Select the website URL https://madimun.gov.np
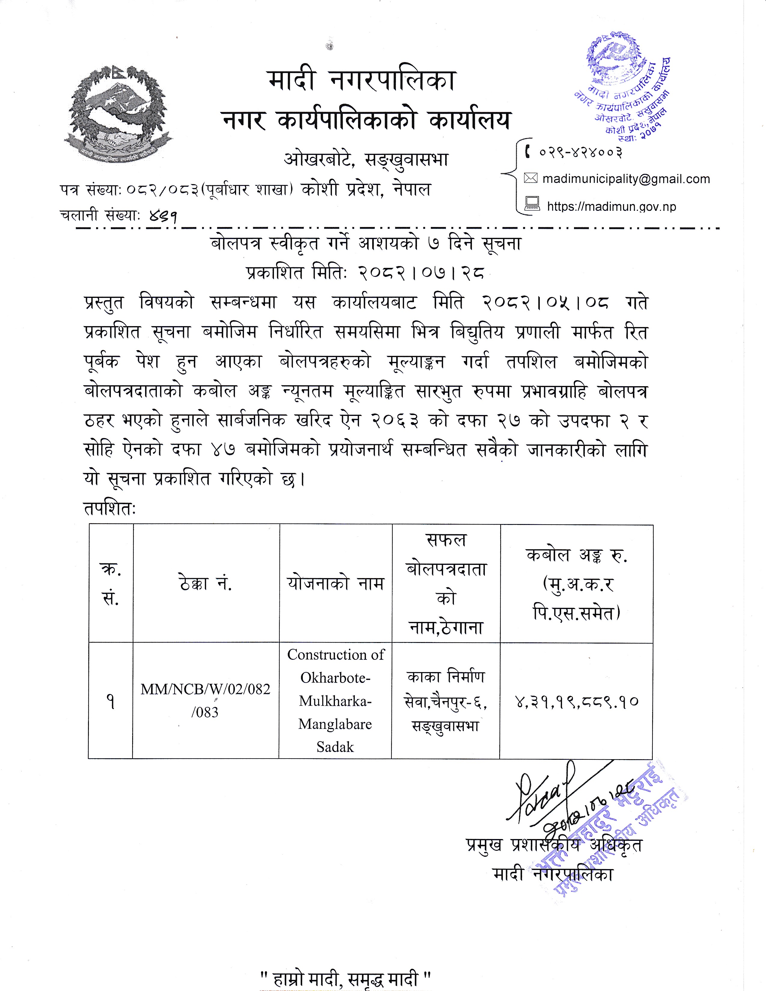tap(611, 207)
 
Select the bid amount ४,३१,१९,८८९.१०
tap(576, 702)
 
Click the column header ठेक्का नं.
tap(205, 583)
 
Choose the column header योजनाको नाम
tap(335, 583)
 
